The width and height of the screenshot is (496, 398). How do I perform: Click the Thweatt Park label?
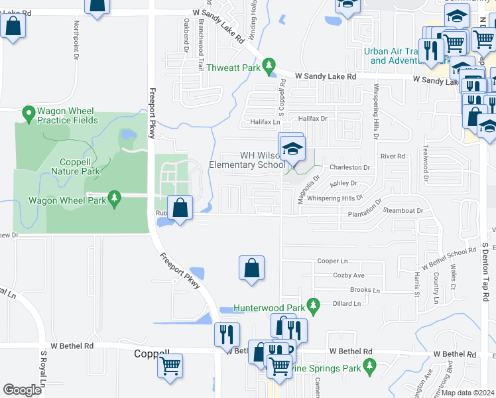pyautogui.click(x=233, y=67)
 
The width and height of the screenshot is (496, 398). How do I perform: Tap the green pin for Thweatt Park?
pyautogui.click(x=269, y=66)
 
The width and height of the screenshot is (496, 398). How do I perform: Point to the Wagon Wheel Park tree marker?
pyautogui.click(x=114, y=198)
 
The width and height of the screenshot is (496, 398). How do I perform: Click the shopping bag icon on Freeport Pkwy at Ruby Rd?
pyautogui.click(x=180, y=208)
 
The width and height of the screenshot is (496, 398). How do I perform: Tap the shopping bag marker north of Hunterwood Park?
pyautogui.click(x=251, y=269)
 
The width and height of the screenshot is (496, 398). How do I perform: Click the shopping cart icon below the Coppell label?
pyautogui.click(x=170, y=364)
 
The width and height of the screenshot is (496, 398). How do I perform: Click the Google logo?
pyautogui.click(x=23, y=390)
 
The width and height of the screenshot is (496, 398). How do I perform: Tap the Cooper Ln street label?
pyautogui.click(x=332, y=261)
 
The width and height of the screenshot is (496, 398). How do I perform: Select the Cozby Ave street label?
pyautogui.click(x=349, y=275)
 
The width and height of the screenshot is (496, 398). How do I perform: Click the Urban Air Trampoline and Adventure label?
pyautogui.click(x=397, y=56)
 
